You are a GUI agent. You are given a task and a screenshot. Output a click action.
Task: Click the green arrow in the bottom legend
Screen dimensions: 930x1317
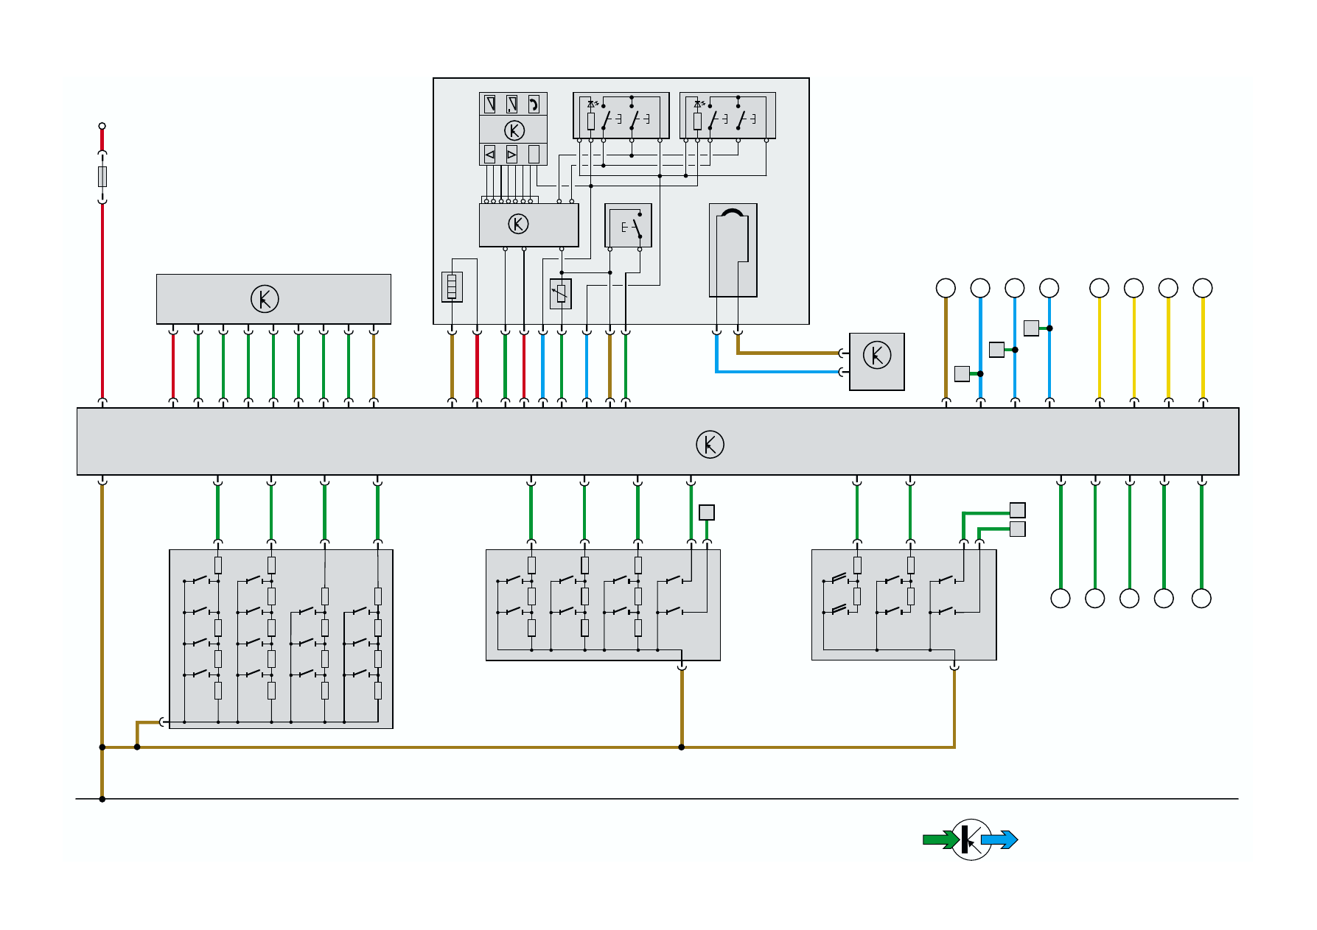click(940, 840)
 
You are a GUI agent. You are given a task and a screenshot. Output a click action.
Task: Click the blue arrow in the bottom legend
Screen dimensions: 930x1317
click(999, 840)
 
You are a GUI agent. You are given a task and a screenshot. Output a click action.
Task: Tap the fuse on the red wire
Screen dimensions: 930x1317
click(102, 177)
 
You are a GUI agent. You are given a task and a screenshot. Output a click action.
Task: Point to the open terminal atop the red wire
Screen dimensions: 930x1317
click(102, 126)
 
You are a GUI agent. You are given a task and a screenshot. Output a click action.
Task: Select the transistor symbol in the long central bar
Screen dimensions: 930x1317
click(710, 444)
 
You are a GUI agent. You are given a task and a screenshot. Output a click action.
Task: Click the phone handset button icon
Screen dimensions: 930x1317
click(534, 104)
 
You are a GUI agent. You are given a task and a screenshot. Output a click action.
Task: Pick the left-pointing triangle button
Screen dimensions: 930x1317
click(489, 155)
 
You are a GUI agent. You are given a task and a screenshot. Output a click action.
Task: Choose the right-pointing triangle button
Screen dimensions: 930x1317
click(511, 155)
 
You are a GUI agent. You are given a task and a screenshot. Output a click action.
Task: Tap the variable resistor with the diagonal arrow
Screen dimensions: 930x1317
click(561, 294)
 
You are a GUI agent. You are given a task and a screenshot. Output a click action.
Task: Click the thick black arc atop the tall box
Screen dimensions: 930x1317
click(733, 213)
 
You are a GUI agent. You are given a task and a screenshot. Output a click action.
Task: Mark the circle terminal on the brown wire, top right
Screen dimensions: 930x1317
click(946, 288)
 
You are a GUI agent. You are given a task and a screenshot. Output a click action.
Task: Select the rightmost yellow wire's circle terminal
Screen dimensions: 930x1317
click(1202, 288)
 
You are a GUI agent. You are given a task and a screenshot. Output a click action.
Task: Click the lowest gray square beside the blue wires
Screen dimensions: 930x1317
click(962, 374)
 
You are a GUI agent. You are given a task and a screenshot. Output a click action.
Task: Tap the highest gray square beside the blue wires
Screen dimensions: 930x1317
click(1031, 328)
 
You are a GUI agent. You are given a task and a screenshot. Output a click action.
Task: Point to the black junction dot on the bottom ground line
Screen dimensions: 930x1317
click(102, 799)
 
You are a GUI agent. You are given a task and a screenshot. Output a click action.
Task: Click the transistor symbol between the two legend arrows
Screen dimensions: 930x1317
click(971, 839)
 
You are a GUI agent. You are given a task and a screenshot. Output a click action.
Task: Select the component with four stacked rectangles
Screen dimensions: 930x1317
click(452, 286)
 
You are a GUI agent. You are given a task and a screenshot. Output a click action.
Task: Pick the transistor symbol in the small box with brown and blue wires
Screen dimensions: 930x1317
click(876, 355)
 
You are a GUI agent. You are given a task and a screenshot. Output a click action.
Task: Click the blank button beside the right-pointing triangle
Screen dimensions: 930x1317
click(534, 155)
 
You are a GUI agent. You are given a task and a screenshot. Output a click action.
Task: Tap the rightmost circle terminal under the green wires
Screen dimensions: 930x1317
click(1201, 599)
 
